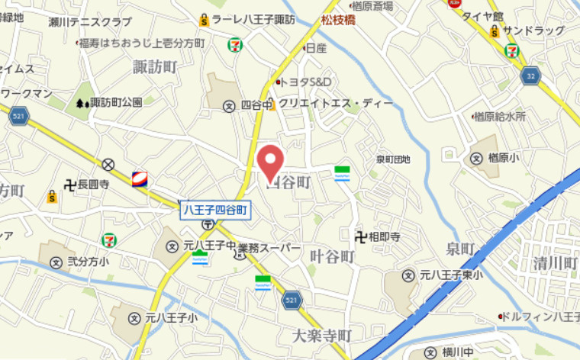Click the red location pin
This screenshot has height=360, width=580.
click(269, 161)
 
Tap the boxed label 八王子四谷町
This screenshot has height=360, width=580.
click(215, 210)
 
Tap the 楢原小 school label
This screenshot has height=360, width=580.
click(503, 158)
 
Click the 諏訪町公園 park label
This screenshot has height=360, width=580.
click(115, 101)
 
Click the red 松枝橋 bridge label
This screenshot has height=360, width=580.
click(339, 21)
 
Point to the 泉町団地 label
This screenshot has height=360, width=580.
click(393, 159)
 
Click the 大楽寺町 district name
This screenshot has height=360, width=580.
click(321, 336)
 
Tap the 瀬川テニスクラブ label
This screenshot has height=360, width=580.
click(90, 21)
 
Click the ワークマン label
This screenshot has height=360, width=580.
click(26, 93)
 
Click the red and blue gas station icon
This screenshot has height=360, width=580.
click(140, 179)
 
